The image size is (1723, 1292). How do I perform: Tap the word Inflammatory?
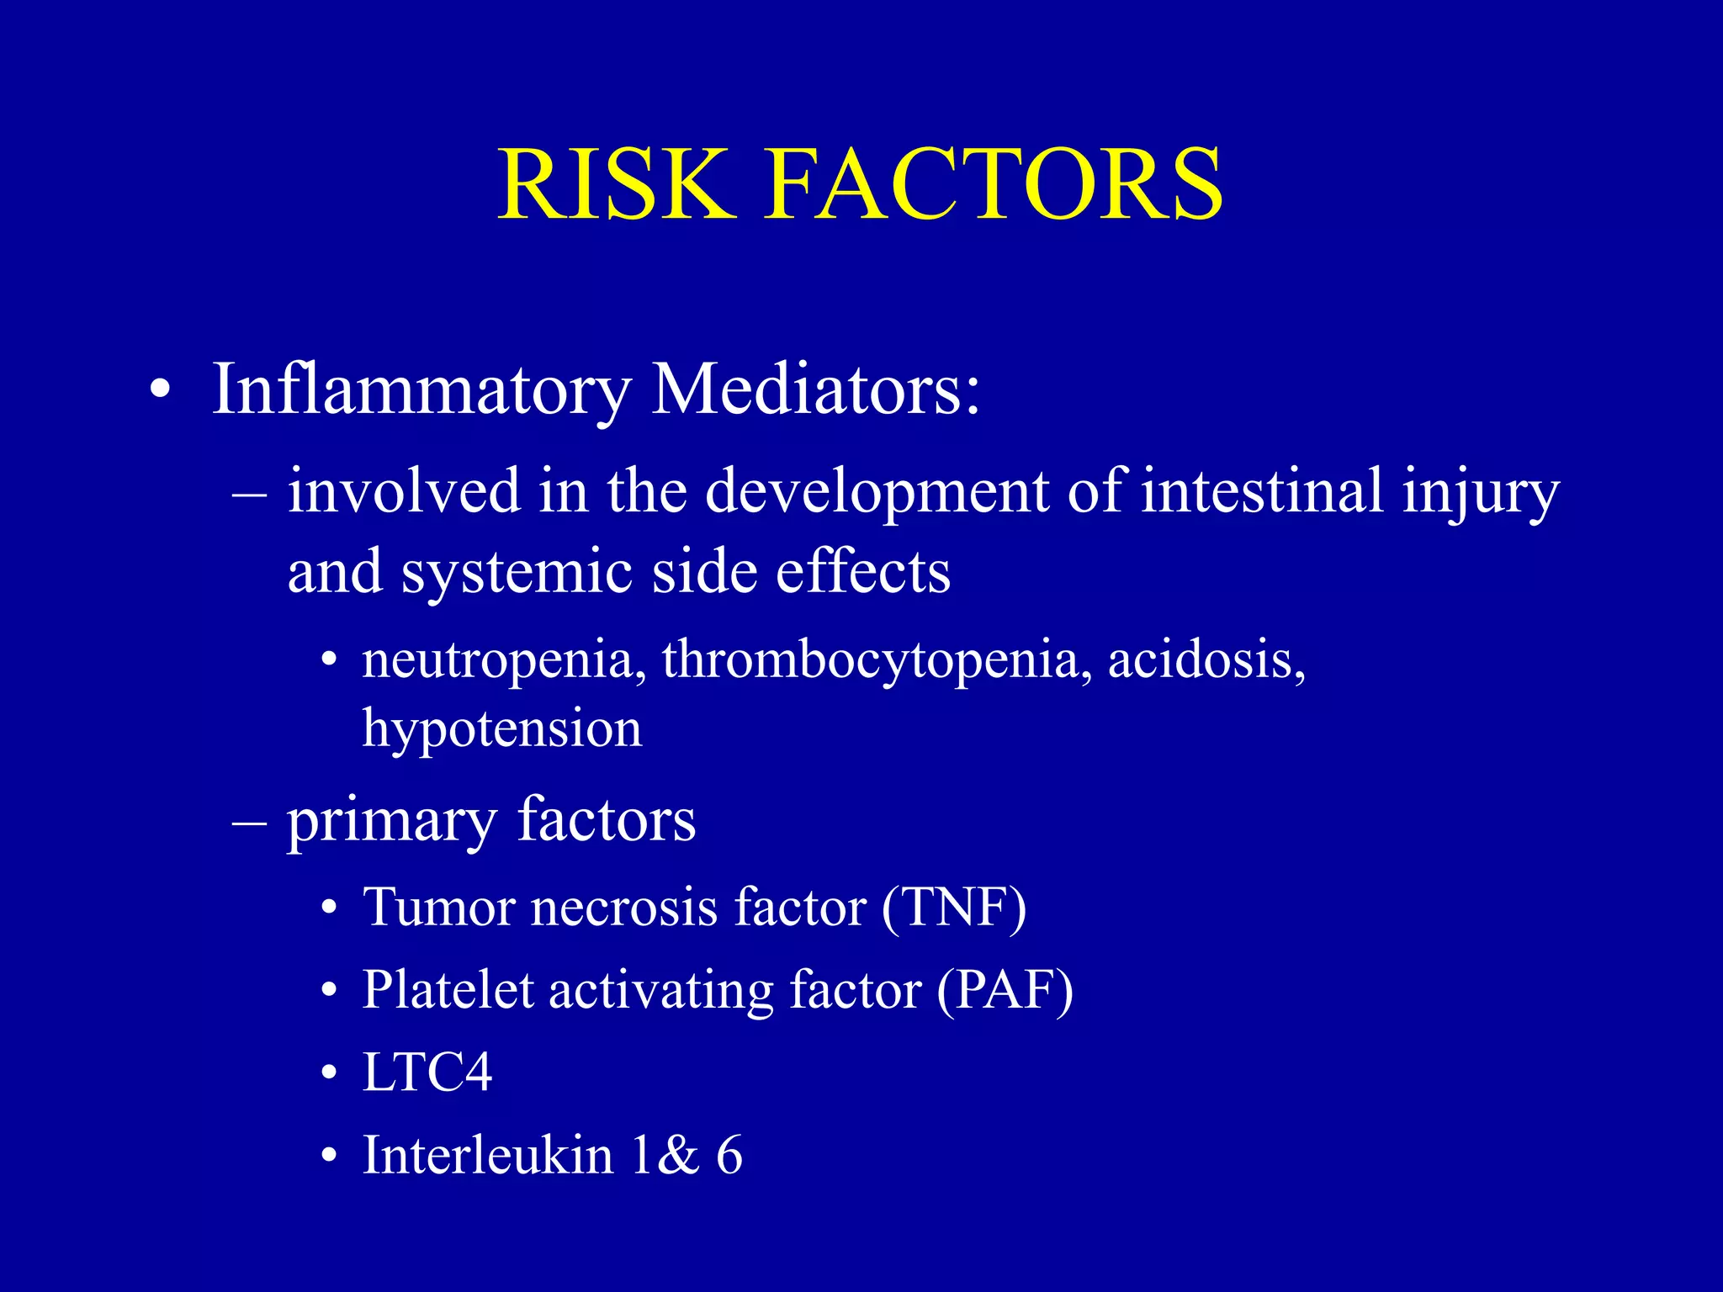(421, 389)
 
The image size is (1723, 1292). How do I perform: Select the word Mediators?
(815, 389)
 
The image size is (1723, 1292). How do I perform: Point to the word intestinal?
(1261, 490)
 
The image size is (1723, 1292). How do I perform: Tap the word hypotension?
(502, 728)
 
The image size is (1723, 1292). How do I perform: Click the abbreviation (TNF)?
(954, 908)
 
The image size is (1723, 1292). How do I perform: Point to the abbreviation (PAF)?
(1005, 990)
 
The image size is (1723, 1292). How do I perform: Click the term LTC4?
(427, 1072)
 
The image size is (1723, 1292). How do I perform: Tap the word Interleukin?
(488, 1155)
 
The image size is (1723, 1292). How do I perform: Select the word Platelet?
(448, 990)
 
